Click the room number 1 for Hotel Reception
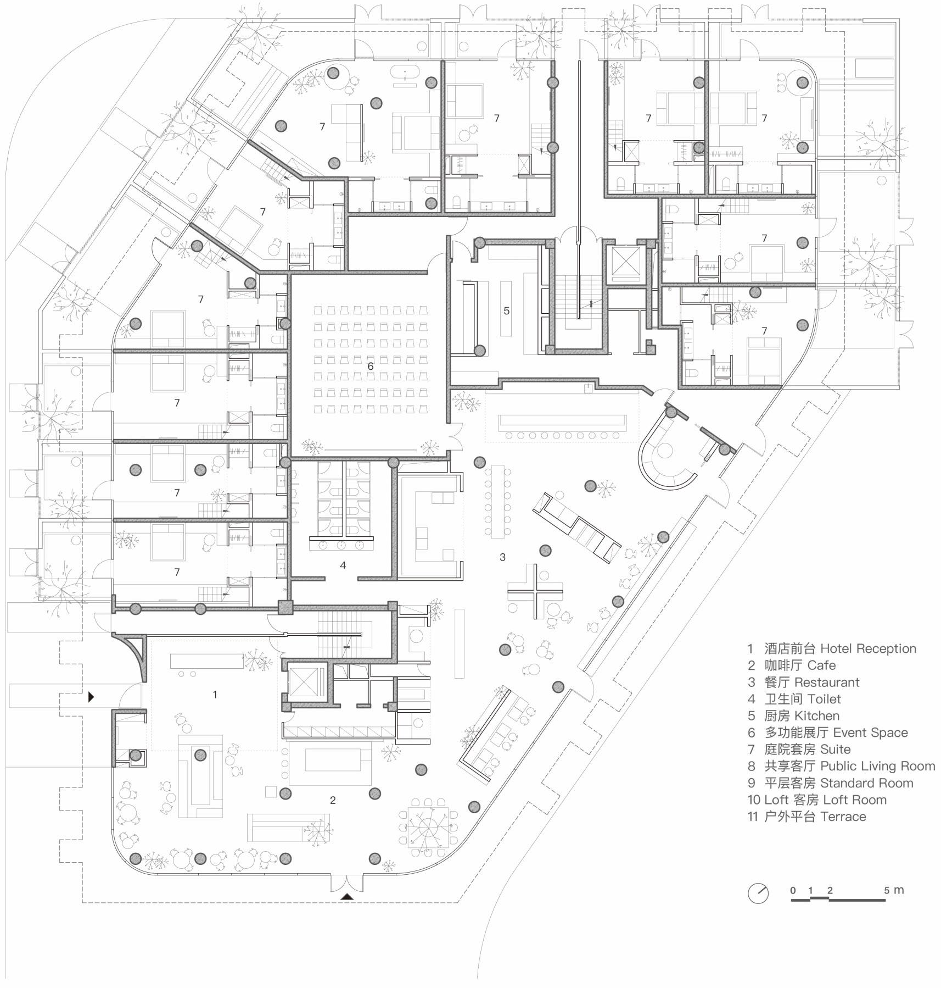[215, 695]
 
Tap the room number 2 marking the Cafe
[333, 800]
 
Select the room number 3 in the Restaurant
[502, 557]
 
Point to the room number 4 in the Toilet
[343, 565]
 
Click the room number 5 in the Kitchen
[506, 310]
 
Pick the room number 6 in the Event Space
[371, 365]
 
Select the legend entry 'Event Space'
[870, 732]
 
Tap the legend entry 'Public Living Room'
[877, 766]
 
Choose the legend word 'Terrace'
[843, 817]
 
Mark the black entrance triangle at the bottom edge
[346, 912]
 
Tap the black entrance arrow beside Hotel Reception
[92, 697]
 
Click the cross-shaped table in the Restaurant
[535, 591]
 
